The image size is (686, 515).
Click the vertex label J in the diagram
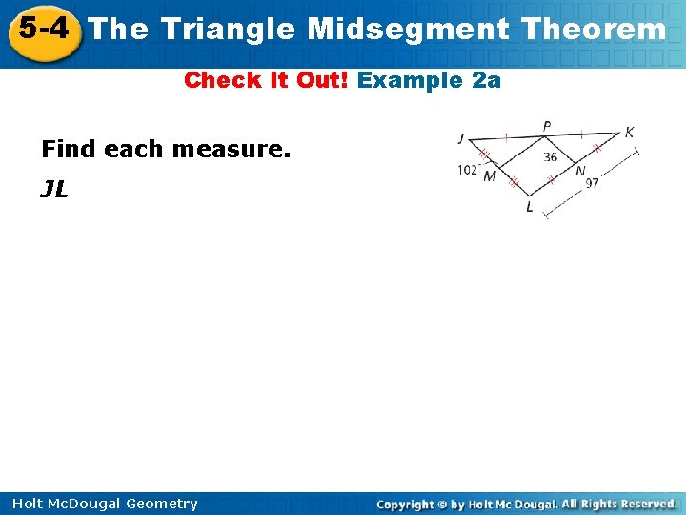point(461,139)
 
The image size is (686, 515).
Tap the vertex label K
point(629,133)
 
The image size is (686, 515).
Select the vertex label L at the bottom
point(530,208)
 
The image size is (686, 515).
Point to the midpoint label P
point(546,127)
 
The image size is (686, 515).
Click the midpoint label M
point(490,175)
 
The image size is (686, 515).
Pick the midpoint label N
point(580,172)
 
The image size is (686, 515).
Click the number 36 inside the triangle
point(550,157)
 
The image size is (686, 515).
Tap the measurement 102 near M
point(467,171)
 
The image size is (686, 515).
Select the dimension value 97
point(592,183)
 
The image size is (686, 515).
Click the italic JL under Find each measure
point(54,189)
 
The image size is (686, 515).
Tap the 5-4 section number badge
point(42,29)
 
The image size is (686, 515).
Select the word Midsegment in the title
point(409,30)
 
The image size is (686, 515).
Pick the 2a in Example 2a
point(486,80)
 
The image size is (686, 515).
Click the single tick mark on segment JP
point(505,137)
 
